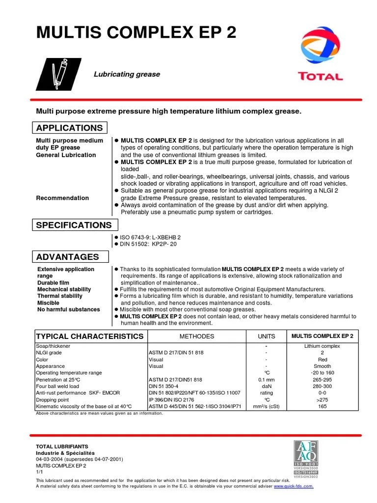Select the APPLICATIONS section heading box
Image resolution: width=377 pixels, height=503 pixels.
tap(70, 128)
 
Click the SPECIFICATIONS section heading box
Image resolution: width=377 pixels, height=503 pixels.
tap(74, 225)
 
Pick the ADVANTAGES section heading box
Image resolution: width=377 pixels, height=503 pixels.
tap(67, 257)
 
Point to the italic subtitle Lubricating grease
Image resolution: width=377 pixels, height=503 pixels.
tap(127, 74)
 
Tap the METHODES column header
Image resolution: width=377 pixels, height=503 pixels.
tap(196, 336)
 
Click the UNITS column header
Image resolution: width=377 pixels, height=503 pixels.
tap(267, 336)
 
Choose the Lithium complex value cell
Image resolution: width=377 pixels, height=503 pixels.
tap(322, 346)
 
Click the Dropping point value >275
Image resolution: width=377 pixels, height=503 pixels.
tap(322, 400)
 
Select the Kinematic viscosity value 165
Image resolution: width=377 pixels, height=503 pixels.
tap(322, 407)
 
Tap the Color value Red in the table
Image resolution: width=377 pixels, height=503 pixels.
tap(322, 360)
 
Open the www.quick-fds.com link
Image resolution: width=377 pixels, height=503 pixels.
tap(293, 486)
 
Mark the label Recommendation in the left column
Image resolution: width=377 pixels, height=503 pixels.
tap(62, 198)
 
